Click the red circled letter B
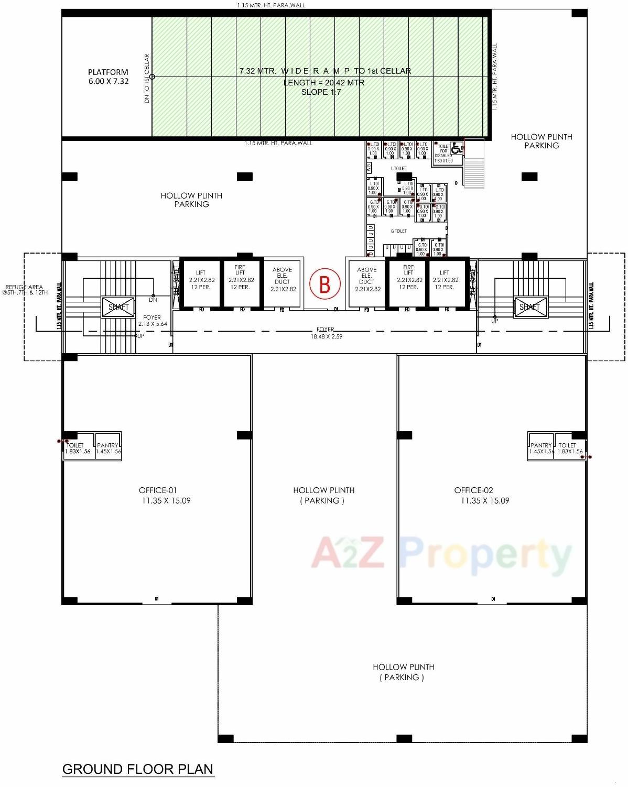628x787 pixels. tap(324, 284)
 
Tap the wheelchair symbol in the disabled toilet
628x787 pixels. tap(456, 149)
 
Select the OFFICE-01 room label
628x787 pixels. tap(158, 490)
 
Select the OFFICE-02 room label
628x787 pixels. tap(473, 490)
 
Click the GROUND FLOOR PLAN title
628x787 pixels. tap(138, 769)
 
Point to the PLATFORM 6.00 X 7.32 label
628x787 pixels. tap(108, 76)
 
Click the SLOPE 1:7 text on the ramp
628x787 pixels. tap(321, 92)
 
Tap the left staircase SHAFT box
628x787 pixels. tap(118, 307)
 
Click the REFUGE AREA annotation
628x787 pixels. tap(24, 290)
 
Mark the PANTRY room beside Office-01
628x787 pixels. tap(109, 448)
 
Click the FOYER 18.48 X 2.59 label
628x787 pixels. tap(326, 333)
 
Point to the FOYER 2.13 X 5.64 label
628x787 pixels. tap(152, 321)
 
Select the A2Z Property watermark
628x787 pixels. tap(441, 554)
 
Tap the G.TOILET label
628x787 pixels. tap(398, 231)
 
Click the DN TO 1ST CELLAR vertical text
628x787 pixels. tap(147, 79)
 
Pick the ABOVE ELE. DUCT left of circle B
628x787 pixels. tap(283, 279)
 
